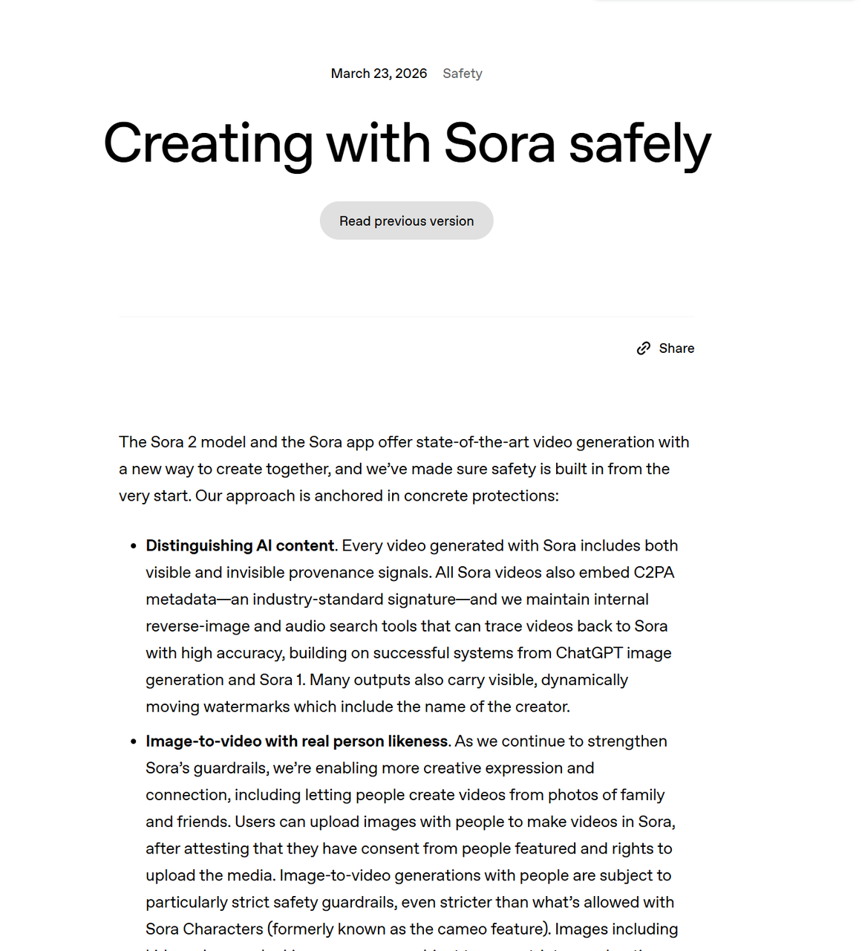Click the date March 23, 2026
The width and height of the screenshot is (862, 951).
click(379, 74)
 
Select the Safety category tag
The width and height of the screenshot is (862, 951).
click(463, 74)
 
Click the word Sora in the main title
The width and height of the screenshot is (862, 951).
click(499, 143)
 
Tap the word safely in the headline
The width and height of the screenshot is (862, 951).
click(640, 143)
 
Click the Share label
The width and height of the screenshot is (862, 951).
click(676, 348)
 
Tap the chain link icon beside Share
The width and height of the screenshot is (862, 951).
click(644, 348)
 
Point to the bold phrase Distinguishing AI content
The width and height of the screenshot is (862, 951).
click(240, 545)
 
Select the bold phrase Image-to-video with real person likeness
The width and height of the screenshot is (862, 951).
click(297, 741)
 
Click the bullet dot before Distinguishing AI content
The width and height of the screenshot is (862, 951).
click(134, 546)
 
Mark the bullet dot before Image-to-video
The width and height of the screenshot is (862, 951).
click(134, 741)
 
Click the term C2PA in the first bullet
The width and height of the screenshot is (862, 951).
click(653, 572)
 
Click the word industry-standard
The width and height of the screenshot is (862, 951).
click(353, 599)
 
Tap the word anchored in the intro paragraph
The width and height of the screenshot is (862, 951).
click(350, 496)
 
